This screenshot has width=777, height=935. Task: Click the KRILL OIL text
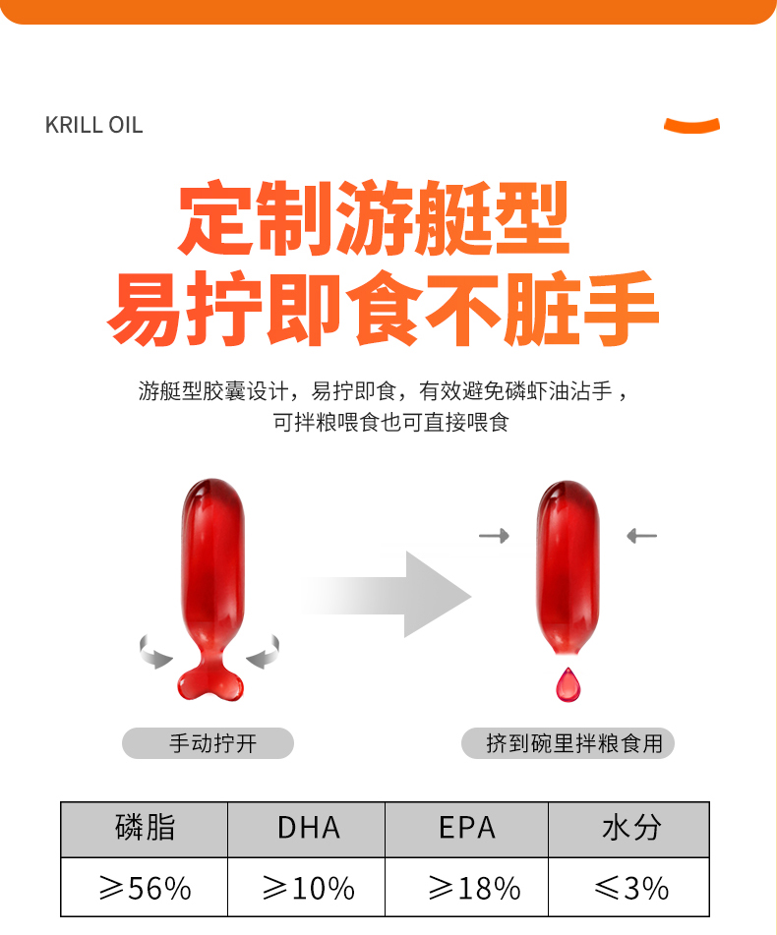tap(94, 125)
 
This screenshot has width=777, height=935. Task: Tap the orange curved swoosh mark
tap(691, 126)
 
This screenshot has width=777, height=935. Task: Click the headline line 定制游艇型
tap(375, 217)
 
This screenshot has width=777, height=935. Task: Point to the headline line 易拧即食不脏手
tap(383, 309)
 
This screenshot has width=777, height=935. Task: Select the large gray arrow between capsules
tap(388, 595)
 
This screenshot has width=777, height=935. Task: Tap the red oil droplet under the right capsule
tap(568, 684)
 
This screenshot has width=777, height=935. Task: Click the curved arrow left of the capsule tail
tap(153, 653)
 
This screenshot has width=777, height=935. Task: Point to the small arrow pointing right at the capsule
tap(495, 536)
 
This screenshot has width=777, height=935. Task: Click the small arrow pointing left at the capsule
tap(641, 536)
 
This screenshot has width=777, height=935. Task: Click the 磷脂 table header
tap(145, 828)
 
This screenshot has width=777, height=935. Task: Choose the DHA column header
tap(309, 828)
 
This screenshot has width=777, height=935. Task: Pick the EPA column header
tap(467, 828)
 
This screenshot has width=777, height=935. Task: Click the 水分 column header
tap(631, 828)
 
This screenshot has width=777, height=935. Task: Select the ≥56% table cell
tap(145, 888)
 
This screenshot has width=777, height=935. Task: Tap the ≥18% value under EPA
tap(474, 888)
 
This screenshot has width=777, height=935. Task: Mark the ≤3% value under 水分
tap(631, 888)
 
